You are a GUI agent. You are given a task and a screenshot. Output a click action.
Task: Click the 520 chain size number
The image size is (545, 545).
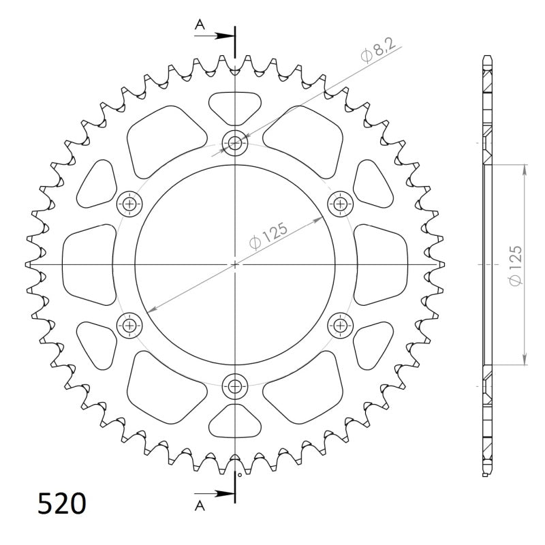click(x=61, y=503)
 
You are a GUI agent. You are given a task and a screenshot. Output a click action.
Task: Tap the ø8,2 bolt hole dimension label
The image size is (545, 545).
click(x=378, y=50)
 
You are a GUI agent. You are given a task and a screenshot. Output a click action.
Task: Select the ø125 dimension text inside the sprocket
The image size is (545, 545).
click(x=268, y=236)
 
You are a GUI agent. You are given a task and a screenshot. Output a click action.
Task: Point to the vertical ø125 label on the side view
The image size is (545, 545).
click(x=516, y=266)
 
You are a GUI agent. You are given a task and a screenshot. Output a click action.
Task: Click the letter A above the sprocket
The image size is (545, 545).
click(x=200, y=25)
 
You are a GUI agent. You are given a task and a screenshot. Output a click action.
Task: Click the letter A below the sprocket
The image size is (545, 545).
click(x=200, y=506)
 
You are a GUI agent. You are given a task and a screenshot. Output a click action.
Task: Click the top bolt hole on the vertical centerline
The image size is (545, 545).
click(x=235, y=142)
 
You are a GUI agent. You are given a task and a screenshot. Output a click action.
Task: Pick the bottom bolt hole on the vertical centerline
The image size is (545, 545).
click(x=235, y=386)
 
